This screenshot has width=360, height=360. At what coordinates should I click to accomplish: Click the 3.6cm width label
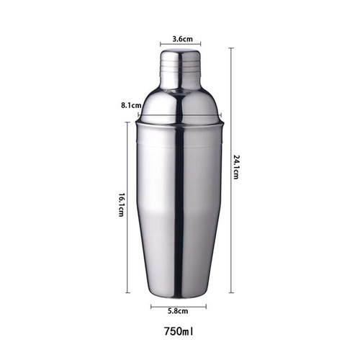pos(181,39)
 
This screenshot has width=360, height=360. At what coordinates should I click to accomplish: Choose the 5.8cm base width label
pos(178,312)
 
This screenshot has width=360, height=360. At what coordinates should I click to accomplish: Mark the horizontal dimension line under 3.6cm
pos(181,45)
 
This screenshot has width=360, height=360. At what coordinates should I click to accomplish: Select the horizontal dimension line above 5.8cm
pos(179,305)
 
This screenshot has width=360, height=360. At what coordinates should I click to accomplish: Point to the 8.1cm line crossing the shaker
pos(180,113)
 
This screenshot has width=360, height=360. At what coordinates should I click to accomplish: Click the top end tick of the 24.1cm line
pos(230,48)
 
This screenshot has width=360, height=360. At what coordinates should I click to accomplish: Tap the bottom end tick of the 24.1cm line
pos(230,293)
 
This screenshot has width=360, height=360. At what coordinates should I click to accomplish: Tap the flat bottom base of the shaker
pos(179,294)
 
